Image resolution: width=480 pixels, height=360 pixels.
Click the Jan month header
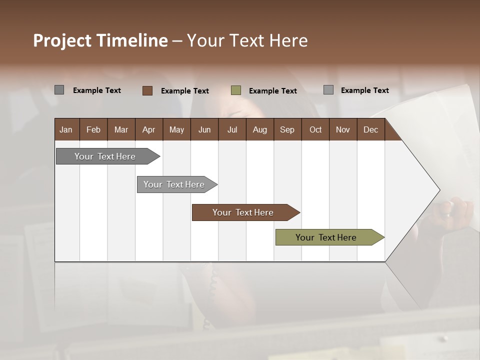pyautogui.click(x=66, y=129)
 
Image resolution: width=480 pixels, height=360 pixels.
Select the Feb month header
pyautogui.click(x=93, y=129)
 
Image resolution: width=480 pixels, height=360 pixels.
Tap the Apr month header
pyautogui.click(x=148, y=129)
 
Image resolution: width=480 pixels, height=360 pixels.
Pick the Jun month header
pyautogui.click(x=204, y=129)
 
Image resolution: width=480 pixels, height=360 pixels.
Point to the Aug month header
pyautogui.click(x=259, y=129)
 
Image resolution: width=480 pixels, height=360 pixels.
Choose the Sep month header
pyautogui.click(x=287, y=129)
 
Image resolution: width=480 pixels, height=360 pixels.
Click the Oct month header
pyautogui.click(x=315, y=129)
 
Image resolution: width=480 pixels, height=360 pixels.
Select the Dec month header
pyautogui.click(x=370, y=129)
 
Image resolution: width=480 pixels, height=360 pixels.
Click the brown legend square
pyautogui.click(x=147, y=90)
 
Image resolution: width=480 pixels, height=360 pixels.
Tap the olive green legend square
pyautogui.click(x=236, y=90)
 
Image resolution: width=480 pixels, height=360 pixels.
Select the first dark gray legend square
pyautogui.click(x=59, y=90)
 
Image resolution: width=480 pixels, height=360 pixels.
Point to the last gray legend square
pyautogui.click(x=328, y=90)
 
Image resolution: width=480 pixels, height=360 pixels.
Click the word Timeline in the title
pyautogui.click(x=132, y=40)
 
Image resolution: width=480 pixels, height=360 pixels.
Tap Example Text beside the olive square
pyautogui.click(x=273, y=90)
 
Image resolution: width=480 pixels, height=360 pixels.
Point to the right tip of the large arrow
pyautogui.click(x=439, y=189)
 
